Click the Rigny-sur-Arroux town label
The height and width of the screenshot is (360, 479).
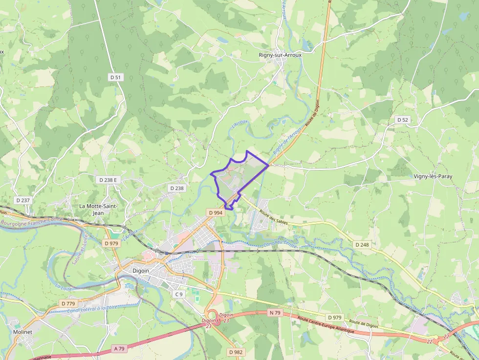280,55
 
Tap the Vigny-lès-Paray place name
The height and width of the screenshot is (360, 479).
433,176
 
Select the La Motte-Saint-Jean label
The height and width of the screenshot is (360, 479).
98,210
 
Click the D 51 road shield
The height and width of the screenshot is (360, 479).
115,77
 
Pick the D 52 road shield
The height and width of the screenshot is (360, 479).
402,120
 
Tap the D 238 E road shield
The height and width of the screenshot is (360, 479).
109,180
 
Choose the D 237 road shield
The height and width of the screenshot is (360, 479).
23,200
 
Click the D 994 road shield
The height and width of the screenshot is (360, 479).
215,213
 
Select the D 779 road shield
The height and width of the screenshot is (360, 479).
68,303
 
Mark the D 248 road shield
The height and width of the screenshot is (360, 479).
362,244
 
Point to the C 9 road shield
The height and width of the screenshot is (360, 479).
179,294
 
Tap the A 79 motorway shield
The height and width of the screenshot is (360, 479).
119,348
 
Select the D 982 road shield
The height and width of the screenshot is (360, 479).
236,352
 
